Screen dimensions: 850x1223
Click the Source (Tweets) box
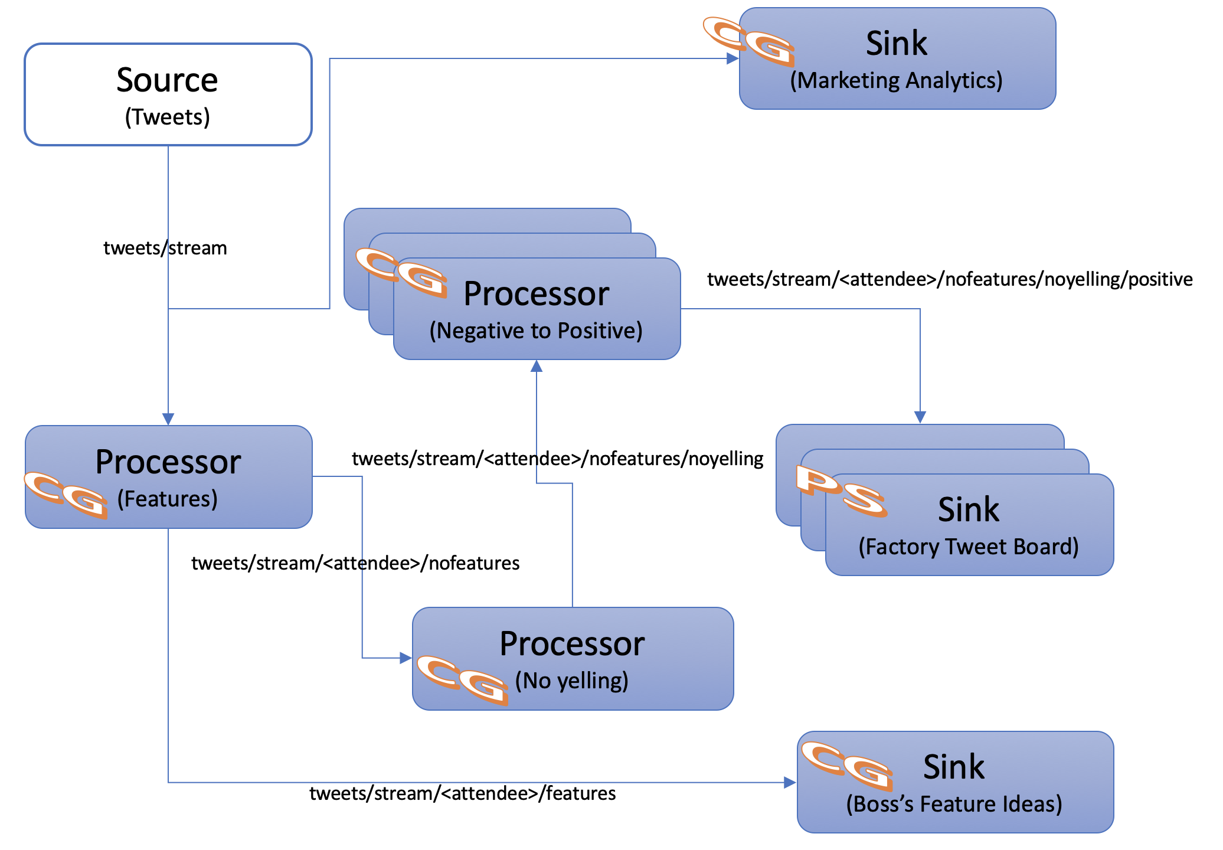(x=168, y=94)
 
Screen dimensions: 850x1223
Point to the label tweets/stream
(x=165, y=248)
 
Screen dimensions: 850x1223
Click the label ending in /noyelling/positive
(x=949, y=279)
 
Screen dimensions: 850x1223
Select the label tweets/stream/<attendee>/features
(x=462, y=793)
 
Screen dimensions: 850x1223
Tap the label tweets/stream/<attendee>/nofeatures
(x=355, y=563)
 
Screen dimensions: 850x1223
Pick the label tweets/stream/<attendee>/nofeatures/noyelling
(x=557, y=459)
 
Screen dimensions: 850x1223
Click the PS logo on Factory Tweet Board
(x=841, y=491)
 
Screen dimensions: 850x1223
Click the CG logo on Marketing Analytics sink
(x=748, y=41)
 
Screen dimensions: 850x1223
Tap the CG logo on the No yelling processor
(x=462, y=680)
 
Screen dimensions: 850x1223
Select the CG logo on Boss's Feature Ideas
(x=848, y=766)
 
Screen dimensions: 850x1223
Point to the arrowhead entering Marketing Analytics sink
(x=733, y=58)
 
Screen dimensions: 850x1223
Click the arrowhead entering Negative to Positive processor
(x=537, y=367)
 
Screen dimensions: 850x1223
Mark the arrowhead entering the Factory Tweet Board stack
(x=920, y=417)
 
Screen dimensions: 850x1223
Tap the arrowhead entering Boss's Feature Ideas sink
(x=790, y=783)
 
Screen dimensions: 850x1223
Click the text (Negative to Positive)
(x=536, y=331)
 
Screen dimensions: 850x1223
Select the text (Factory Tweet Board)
(x=968, y=547)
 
